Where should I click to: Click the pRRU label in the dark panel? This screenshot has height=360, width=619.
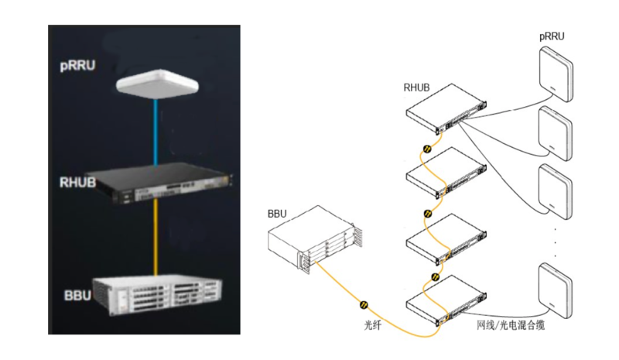(x=77, y=66)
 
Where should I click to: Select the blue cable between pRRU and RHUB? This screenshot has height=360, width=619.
(x=156, y=132)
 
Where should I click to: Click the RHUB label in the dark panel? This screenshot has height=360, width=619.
(x=78, y=183)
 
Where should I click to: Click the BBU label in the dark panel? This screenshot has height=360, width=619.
(x=78, y=295)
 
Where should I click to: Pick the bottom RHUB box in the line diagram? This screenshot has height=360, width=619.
(x=448, y=300)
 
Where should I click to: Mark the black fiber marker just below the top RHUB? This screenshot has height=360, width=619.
(x=425, y=149)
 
